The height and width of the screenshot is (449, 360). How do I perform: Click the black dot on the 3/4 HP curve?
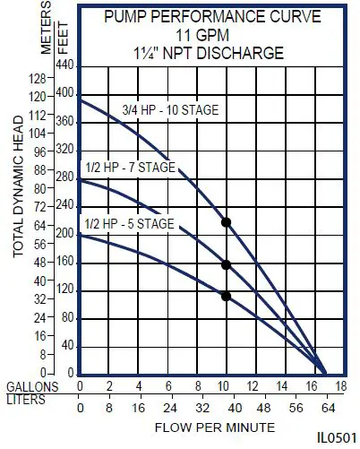coord(226,221)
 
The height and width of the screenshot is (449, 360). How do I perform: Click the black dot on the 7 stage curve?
coord(226,264)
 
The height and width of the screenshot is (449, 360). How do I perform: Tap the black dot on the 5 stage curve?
coord(226,296)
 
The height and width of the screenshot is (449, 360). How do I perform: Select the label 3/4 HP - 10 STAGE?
coord(170,111)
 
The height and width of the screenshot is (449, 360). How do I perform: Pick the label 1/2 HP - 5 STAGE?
coord(128,223)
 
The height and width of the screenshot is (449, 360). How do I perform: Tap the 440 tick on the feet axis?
coord(65,65)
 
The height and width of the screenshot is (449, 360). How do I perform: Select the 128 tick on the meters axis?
coord(37,79)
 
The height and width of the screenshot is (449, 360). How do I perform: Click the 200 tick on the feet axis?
coord(65,234)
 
